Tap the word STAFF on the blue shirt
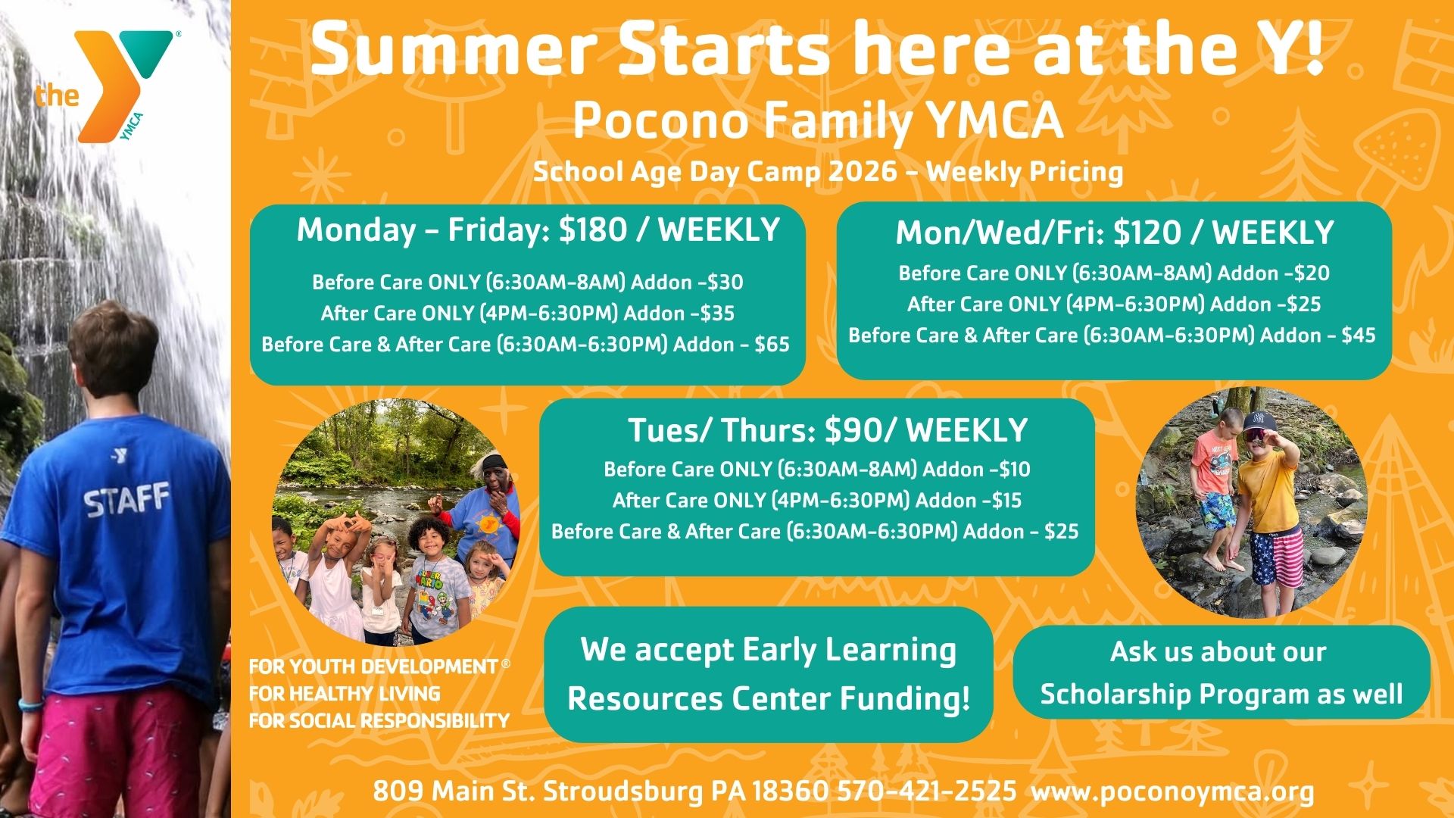tap(126, 501)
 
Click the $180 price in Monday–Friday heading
tap(593, 229)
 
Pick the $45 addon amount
tap(1359, 336)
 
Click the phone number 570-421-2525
tap(927, 791)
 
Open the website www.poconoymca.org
tap(1173, 792)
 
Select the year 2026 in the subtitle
tap(863, 172)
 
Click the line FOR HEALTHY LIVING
tap(345, 694)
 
